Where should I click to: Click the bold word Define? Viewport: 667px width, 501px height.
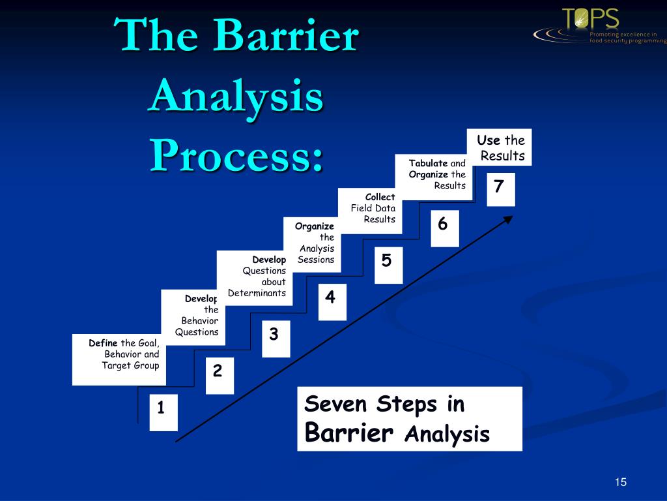pos(104,343)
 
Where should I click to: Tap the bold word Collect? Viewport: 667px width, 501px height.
pos(380,197)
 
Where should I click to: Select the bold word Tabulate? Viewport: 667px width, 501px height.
pos(428,163)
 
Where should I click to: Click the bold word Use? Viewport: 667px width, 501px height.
pos(489,140)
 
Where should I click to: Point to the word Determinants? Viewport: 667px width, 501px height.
pos(257,293)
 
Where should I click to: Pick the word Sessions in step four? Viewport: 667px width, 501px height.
pos(316,260)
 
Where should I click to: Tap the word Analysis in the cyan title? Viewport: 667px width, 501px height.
pos(236,96)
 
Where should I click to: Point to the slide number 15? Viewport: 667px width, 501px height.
pos(619,482)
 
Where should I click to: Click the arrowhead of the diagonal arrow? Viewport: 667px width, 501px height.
pos(507,220)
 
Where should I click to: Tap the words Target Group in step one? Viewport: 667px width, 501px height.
pos(130,365)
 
